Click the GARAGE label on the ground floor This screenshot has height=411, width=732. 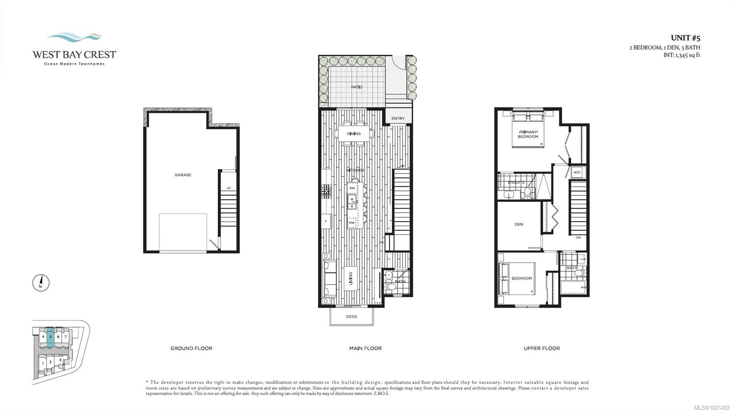tap(183, 175)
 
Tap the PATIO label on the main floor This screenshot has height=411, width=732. tap(357, 87)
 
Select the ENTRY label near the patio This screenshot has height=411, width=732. tap(398, 119)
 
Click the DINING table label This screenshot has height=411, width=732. tap(354, 134)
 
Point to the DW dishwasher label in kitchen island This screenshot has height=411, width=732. tap(352, 188)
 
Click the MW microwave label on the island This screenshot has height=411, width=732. tap(352, 223)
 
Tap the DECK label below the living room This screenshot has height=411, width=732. tap(351, 317)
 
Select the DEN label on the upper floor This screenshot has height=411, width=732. tap(519, 224)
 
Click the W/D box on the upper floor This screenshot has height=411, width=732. tap(576, 173)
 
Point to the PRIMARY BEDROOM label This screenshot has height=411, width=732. tap(528, 134)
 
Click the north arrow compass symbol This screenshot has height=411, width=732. tap(41, 282)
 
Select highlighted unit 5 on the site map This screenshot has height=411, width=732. tap(50, 337)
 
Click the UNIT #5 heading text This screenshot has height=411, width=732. tap(685, 38)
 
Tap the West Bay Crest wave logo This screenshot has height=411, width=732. tap(75, 37)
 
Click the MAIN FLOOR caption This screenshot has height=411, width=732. tap(365, 348)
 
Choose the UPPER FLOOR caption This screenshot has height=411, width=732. tap(542, 348)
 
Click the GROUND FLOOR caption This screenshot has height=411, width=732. tap(191, 348)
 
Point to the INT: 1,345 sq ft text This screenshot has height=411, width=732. tap(682, 55)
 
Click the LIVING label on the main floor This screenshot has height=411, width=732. tap(351, 278)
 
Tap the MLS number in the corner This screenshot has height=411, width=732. tap(711, 407)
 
